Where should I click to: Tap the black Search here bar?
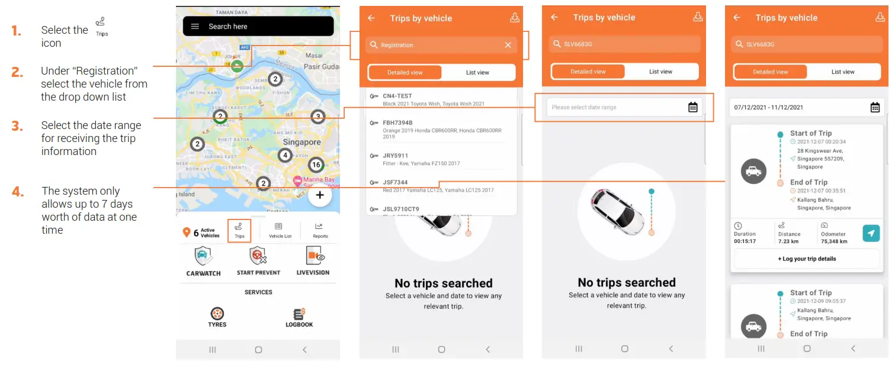coord(258,26)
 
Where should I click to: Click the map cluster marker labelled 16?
coord(316,165)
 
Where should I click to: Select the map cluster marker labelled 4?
coord(285,156)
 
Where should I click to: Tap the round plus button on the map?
coord(319,195)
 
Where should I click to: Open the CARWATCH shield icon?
coord(203,257)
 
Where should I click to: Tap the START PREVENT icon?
coord(258,256)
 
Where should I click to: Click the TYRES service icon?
coord(217,314)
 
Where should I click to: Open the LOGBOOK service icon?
coord(299,314)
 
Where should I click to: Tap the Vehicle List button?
coord(280,230)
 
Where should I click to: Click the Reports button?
coord(320,230)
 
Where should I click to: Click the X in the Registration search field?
coord(508,45)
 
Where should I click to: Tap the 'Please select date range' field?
coord(624,108)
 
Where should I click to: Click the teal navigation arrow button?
coord(871,233)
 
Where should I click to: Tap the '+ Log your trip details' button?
coord(807,259)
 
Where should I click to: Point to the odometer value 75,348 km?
coord(834,241)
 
